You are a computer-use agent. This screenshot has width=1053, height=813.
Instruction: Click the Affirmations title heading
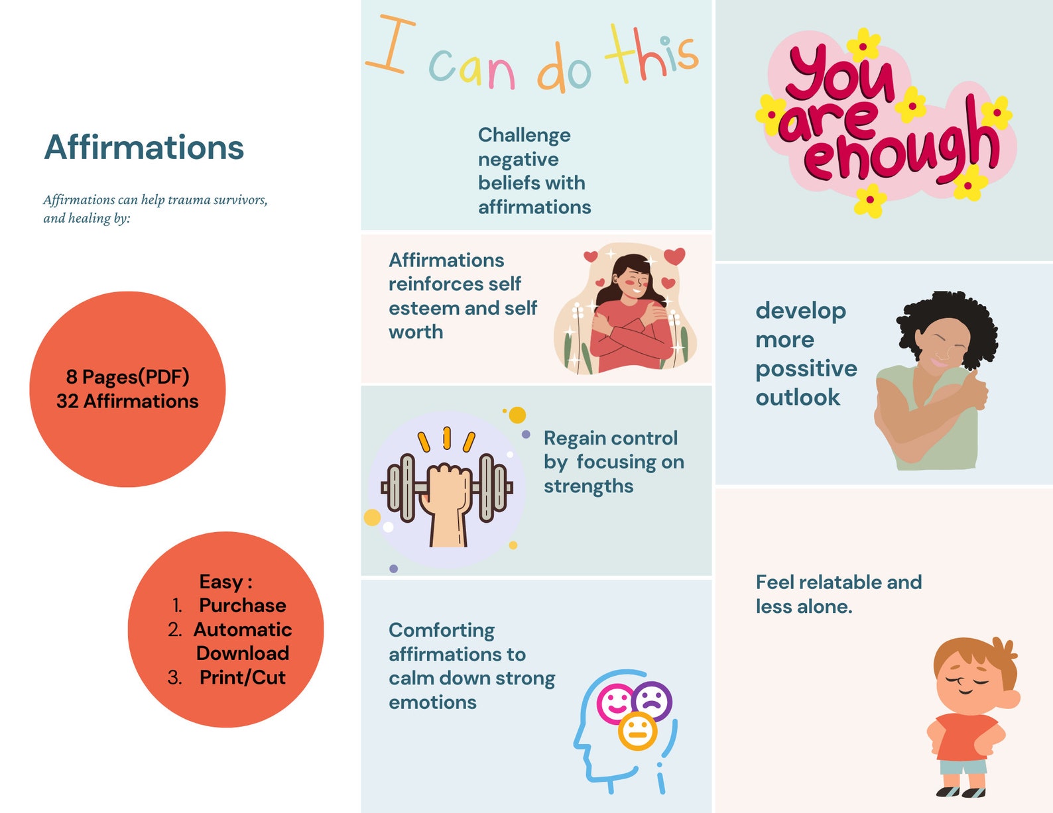pyautogui.click(x=144, y=147)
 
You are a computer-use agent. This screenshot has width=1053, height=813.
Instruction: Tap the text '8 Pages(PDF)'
pyautogui.click(x=127, y=377)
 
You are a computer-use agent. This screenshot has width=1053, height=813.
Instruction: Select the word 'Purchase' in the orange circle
pyautogui.click(x=242, y=606)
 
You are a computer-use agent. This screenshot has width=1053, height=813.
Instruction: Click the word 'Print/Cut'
pyautogui.click(x=242, y=677)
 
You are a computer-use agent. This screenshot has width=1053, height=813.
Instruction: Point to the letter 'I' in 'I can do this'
pyautogui.click(x=391, y=45)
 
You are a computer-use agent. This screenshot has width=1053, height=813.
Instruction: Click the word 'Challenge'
pyautogui.click(x=524, y=135)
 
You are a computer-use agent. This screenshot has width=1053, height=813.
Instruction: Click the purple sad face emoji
pyautogui.click(x=652, y=700)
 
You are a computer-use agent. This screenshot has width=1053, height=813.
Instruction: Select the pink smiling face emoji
pyautogui.click(x=615, y=702)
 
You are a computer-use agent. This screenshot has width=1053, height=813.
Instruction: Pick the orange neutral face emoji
pyautogui.click(x=637, y=731)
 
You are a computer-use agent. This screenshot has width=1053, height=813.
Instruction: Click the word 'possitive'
pyautogui.click(x=806, y=368)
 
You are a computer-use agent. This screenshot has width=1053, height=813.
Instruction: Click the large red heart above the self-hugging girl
pyautogui.click(x=674, y=256)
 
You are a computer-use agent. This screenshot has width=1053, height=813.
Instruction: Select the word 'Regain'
pyautogui.click(x=573, y=438)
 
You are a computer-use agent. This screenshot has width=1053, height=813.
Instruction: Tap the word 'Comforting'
pyautogui.click(x=442, y=630)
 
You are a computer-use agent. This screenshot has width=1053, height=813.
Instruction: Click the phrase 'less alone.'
pyautogui.click(x=804, y=606)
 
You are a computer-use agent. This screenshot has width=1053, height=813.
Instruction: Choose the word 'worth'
pyautogui.click(x=416, y=332)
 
